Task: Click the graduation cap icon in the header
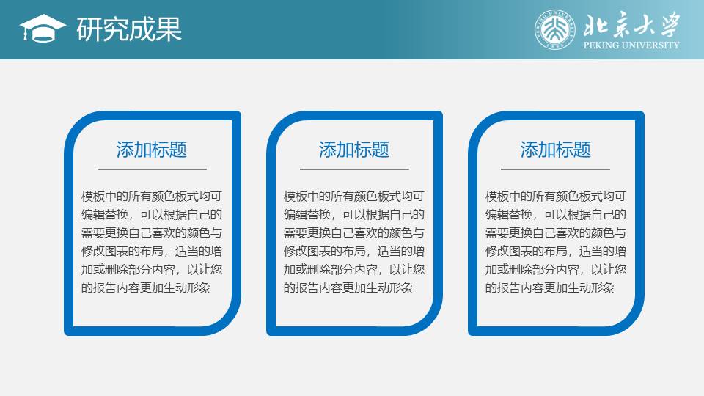pos(43,29)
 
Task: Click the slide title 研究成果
pos(129,29)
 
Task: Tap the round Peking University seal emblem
pos(555,29)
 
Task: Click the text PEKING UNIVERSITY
pos(631,45)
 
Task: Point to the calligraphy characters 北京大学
pos(631,25)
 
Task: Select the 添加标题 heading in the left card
pos(152,150)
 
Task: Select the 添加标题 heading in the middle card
pos(353,150)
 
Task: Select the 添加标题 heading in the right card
pos(555,150)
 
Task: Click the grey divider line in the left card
pos(152,169)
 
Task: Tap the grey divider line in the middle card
pos(354,169)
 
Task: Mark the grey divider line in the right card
pos(555,169)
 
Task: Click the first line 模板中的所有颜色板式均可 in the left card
pos(152,197)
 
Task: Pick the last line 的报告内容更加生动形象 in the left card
pos(146,287)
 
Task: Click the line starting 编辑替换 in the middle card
pos(353,215)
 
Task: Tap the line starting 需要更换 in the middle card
pos(353,233)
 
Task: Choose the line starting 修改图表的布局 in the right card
pos(555,252)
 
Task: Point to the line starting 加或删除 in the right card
pos(555,269)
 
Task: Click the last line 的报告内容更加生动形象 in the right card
pos(549,287)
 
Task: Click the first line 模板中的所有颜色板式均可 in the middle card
pos(353,197)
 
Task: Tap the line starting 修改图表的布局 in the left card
pos(152,252)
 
